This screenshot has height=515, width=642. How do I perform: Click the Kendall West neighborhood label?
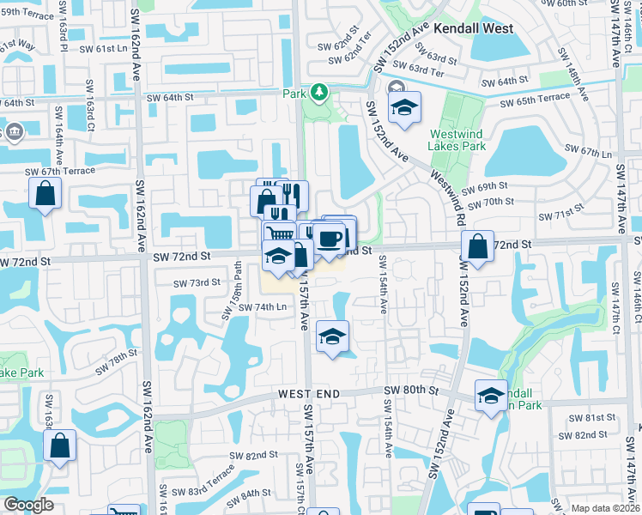pyautogui.click(x=473, y=28)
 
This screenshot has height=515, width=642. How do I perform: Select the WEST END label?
pyautogui.click(x=309, y=393)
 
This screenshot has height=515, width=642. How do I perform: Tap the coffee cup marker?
pyautogui.click(x=329, y=239)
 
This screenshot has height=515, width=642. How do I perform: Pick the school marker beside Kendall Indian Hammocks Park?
pyautogui.click(x=491, y=396)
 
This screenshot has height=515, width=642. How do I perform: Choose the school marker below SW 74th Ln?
pyautogui.click(x=332, y=336)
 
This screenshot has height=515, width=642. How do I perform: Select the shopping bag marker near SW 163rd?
pyautogui.click(x=59, y=445)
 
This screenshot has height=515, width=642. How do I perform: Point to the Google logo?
pyautogui.click(x=29, y=505)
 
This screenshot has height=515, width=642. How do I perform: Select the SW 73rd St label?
pyautogui.click(x=197, y=282)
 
